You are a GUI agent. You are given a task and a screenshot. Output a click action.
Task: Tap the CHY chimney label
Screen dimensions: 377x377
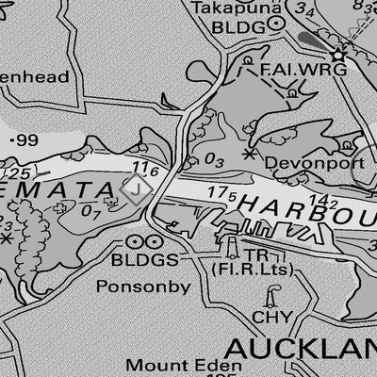270,319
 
